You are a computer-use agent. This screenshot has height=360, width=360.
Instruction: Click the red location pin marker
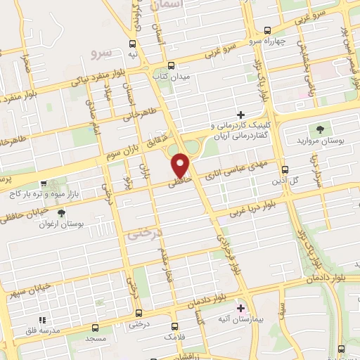[x=181, y=165]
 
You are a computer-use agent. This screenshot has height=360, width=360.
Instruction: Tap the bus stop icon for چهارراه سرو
[x=266, y=30]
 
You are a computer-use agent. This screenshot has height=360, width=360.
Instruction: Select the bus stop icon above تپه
[x=133, y=42]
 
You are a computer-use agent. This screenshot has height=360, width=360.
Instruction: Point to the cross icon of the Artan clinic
[x=241, y=115]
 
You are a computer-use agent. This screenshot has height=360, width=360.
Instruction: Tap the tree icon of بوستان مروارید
[x=320, y=129]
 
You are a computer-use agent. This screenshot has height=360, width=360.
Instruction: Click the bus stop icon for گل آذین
[x=285, y=169]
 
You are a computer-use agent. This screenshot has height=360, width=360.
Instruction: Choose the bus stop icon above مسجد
[x=96, y=328]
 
